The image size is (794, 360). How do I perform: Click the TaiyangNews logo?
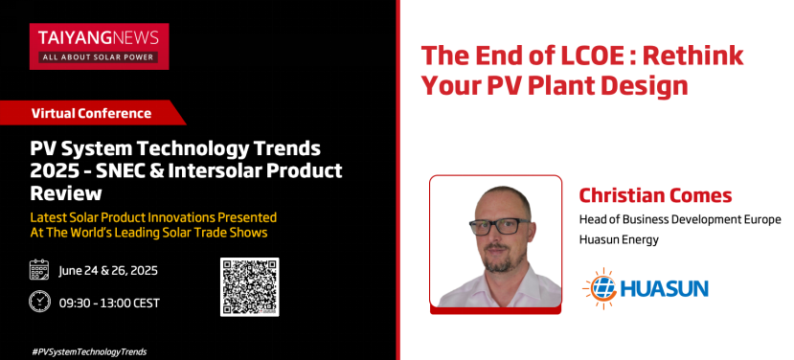tap(99, 46)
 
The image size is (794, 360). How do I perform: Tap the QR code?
tap(250, 286)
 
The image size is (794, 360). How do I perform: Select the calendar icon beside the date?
tap(39, 270)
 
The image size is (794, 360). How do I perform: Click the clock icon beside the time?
tap(39, 302)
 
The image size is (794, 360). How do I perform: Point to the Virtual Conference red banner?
tap(92, 112)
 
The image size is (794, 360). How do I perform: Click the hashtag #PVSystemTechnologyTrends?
tap(89, 351)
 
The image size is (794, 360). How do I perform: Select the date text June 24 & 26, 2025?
tap(108, 270)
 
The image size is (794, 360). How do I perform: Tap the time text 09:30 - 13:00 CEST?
tap(109, 303)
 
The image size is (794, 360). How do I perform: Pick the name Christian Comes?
tap(656, 195)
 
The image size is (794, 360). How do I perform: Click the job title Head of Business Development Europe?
tap(680, 220)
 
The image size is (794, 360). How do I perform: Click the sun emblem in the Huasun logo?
tap(600, 288)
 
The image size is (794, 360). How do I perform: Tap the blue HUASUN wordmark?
tap(664, 289)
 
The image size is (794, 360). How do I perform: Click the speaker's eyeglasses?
tap(500, 226)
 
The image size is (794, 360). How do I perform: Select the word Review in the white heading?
tap(66, 193)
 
